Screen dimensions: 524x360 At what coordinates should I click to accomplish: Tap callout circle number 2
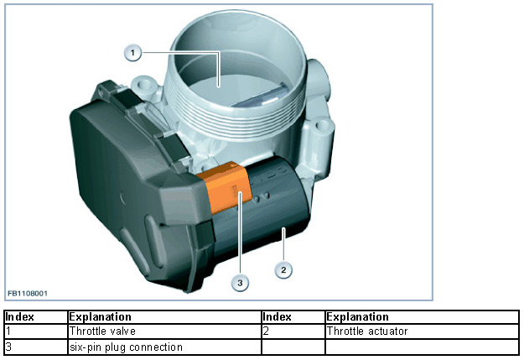[284, 269]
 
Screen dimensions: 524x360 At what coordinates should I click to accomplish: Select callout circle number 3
[241, 283]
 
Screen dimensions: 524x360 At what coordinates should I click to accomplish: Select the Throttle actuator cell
[367, 331]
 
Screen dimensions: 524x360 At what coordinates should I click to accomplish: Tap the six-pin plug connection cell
[126, 346]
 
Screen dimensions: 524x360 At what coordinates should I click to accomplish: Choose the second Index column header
[277, 317]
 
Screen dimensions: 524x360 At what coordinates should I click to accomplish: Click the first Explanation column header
[101, 317]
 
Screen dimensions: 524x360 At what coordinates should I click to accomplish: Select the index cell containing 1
[8, 331]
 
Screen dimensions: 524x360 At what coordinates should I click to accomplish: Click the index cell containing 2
[266, 331]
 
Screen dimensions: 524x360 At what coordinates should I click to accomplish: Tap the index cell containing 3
[8, 346]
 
